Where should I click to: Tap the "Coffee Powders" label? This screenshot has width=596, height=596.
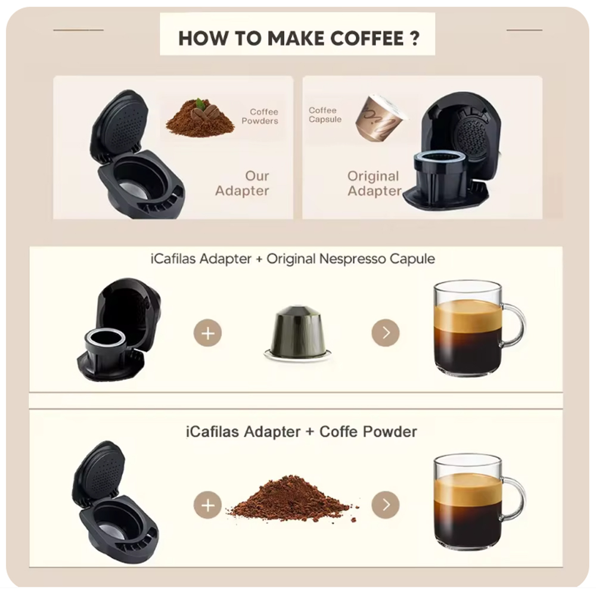[263, 116]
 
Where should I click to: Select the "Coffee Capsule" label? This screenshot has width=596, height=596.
[324, 115]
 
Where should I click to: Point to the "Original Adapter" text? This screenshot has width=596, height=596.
[374, 184]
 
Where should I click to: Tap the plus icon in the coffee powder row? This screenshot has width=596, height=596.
[207, 506]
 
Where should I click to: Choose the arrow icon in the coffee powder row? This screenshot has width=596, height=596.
[385, 506]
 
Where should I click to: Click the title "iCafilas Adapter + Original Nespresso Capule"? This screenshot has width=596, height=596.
[292, 259]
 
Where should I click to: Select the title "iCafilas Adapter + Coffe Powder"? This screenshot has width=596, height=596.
[301, 432]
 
